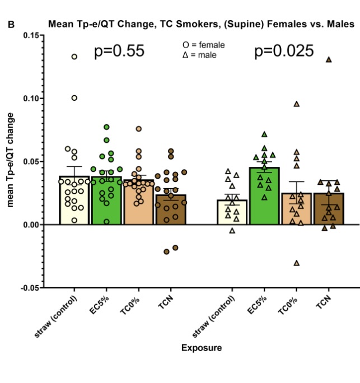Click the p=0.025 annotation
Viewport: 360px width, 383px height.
[284, 52]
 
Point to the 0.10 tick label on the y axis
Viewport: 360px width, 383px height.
[30, 99]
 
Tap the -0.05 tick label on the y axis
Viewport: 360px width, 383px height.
[29, 288]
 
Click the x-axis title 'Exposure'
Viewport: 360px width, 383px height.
[201, 348]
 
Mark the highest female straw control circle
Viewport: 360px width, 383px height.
[74, 57]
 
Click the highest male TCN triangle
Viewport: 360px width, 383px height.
[329, 59]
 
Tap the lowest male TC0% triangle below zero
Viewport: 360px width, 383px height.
[297, 263]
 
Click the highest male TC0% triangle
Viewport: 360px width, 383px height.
[297, 104]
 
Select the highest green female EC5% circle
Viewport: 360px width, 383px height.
[106, 127]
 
